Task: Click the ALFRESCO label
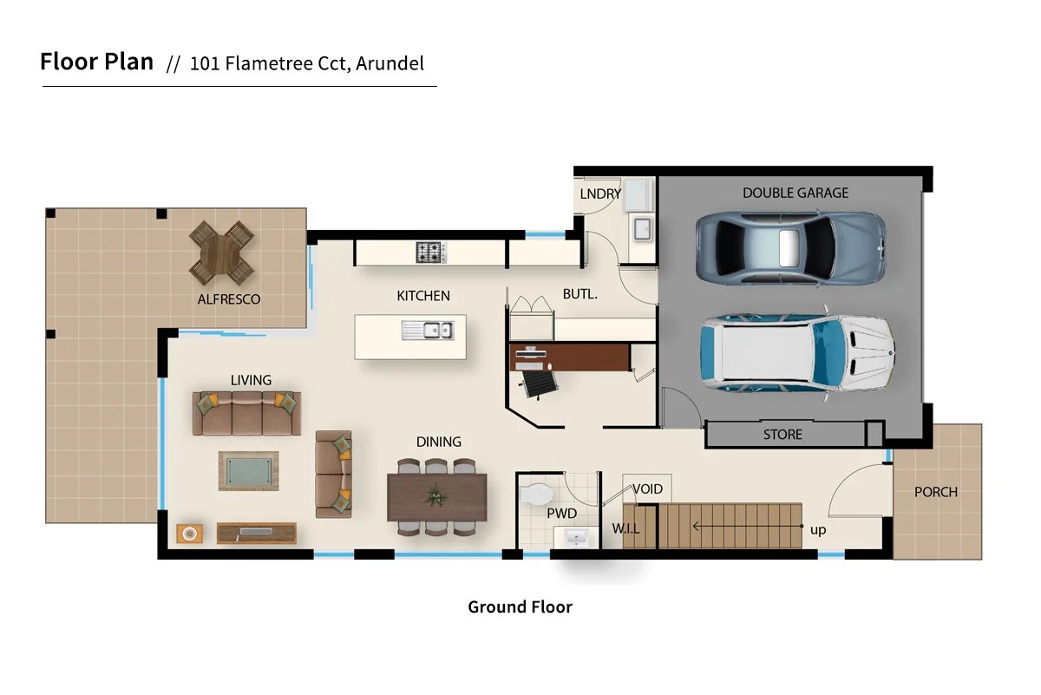229,299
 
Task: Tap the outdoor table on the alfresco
222,252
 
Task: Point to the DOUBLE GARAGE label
795,193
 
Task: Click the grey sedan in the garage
790,248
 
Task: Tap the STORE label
782,434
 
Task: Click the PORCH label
936,492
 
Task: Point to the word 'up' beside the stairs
818,529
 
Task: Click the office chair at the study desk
537,383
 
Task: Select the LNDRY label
600,193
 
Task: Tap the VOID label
647,489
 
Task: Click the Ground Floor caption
520,606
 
